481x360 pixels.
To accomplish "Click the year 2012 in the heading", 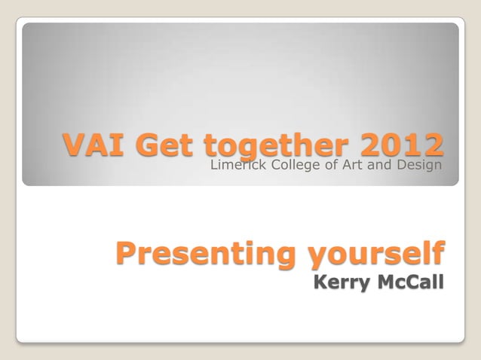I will (x=403, y=145).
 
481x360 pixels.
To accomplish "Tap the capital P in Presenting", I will (x=127, y=254).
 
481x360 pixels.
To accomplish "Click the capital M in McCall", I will (x=384, y=284).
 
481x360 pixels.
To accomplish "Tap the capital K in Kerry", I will (x=320, y=284).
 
